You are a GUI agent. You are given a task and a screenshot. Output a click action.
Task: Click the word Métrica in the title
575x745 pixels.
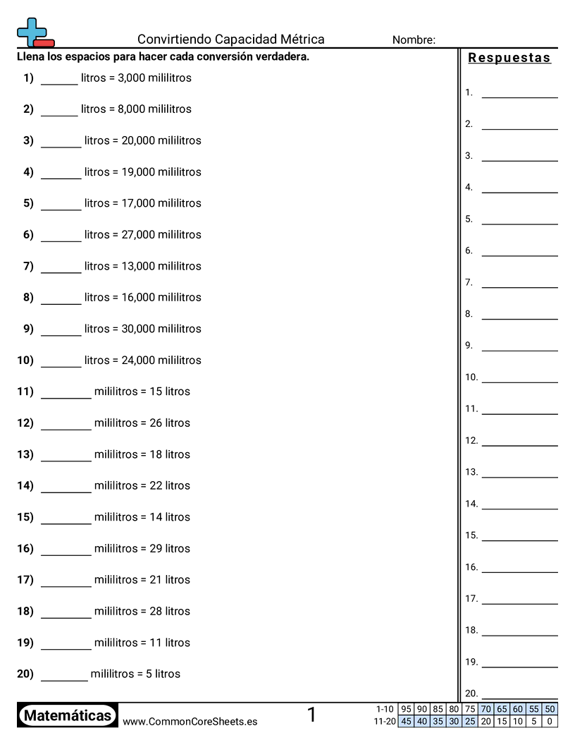[x=301, y=40]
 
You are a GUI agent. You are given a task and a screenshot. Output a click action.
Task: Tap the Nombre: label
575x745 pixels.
[x=414, y=40]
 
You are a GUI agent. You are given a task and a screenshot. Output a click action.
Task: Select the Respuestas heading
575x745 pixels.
[x=509, y=58]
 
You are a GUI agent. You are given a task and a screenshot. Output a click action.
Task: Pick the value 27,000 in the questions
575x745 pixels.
[x=138, y=235]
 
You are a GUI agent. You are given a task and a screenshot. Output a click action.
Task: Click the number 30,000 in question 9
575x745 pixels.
[x=138, y=329]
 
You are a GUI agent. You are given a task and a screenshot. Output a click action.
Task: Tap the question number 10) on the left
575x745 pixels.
[x=25, y=361]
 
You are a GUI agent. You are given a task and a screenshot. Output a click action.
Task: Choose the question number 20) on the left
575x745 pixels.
[x=25, y=674]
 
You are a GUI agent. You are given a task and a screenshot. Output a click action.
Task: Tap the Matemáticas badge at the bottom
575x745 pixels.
[x=68, y=716]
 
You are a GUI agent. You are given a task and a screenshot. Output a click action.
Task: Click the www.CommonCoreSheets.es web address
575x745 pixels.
[x=190, y=722]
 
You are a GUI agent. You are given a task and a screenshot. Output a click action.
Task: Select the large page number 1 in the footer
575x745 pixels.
[x=311, y=715]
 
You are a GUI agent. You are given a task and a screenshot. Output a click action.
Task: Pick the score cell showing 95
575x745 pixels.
[x=406, y=709]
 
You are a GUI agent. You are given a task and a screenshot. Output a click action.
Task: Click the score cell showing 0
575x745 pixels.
[x=550, y=721]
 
